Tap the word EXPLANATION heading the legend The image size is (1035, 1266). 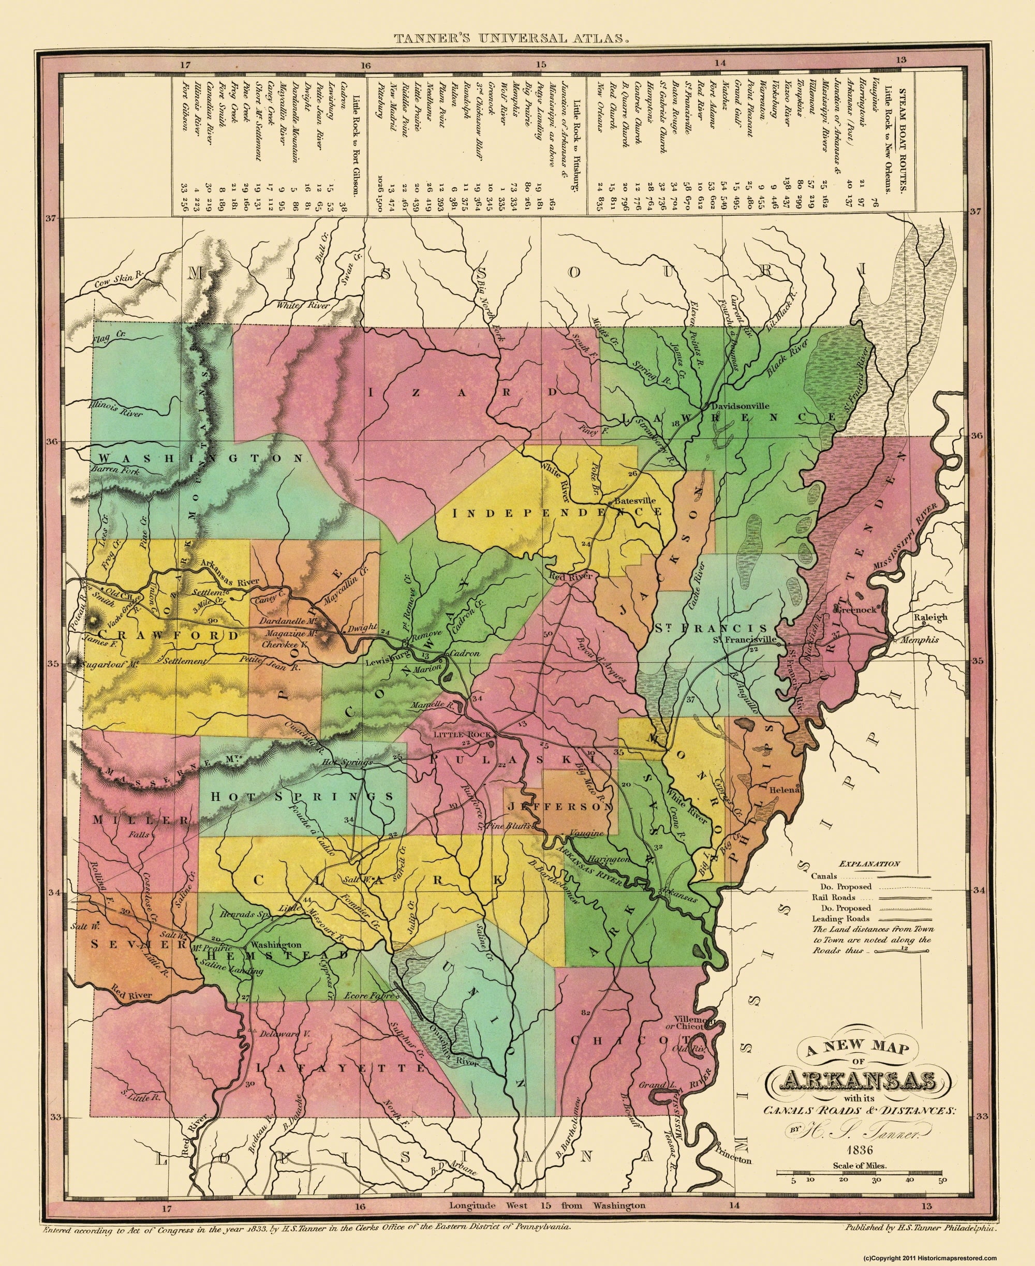point(869,863)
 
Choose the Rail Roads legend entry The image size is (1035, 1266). point(834,897)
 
